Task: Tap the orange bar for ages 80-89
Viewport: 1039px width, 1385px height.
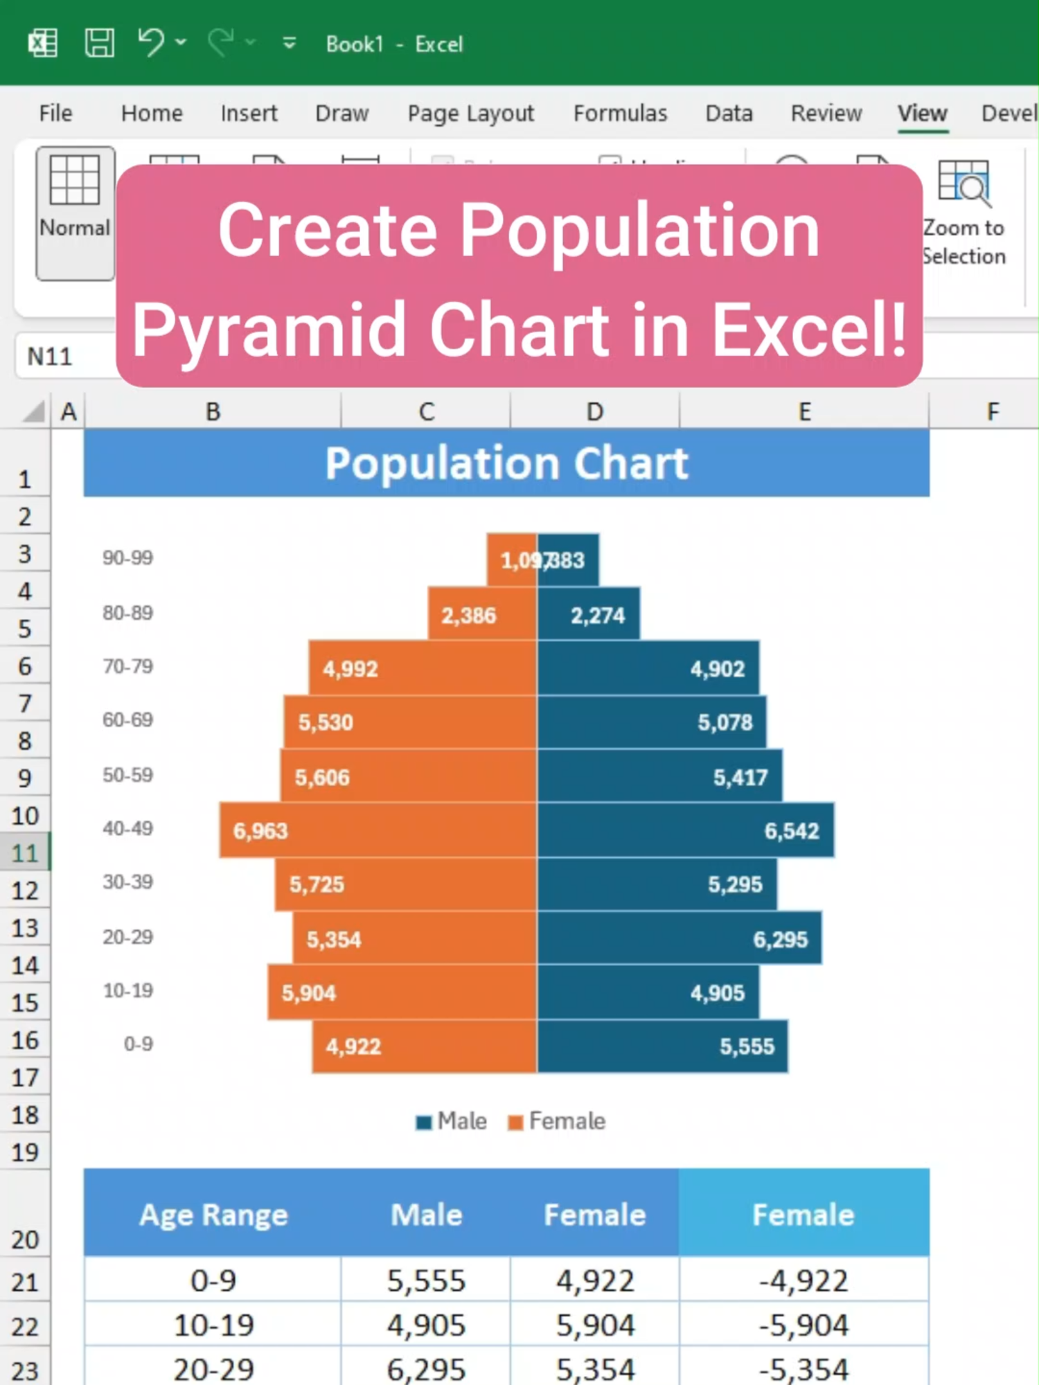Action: [482, 614]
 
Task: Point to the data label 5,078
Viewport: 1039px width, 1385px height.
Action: [725, 723]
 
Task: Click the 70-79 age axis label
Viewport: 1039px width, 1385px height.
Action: [127, 667]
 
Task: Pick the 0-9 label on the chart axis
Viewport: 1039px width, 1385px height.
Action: [138, 1044]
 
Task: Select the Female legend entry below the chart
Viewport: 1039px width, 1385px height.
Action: [558, 1121]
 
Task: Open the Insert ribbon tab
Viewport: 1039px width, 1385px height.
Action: [249, 113]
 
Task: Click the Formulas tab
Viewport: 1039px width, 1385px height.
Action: [620, 113]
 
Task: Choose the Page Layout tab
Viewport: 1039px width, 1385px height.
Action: [470, 113]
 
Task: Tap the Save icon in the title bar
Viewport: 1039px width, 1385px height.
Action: [100, 43]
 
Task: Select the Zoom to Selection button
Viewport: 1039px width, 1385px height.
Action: [963, 212]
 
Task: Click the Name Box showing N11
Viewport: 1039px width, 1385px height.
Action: [62, 357]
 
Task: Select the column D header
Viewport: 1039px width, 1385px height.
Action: [594, 412]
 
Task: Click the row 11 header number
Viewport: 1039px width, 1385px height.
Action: [25, 852]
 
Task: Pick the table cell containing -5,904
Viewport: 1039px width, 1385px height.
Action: [803, 1325]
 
